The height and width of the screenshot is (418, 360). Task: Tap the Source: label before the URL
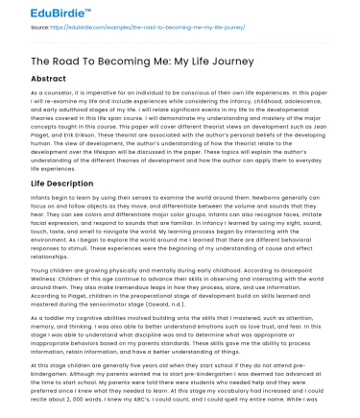19,29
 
